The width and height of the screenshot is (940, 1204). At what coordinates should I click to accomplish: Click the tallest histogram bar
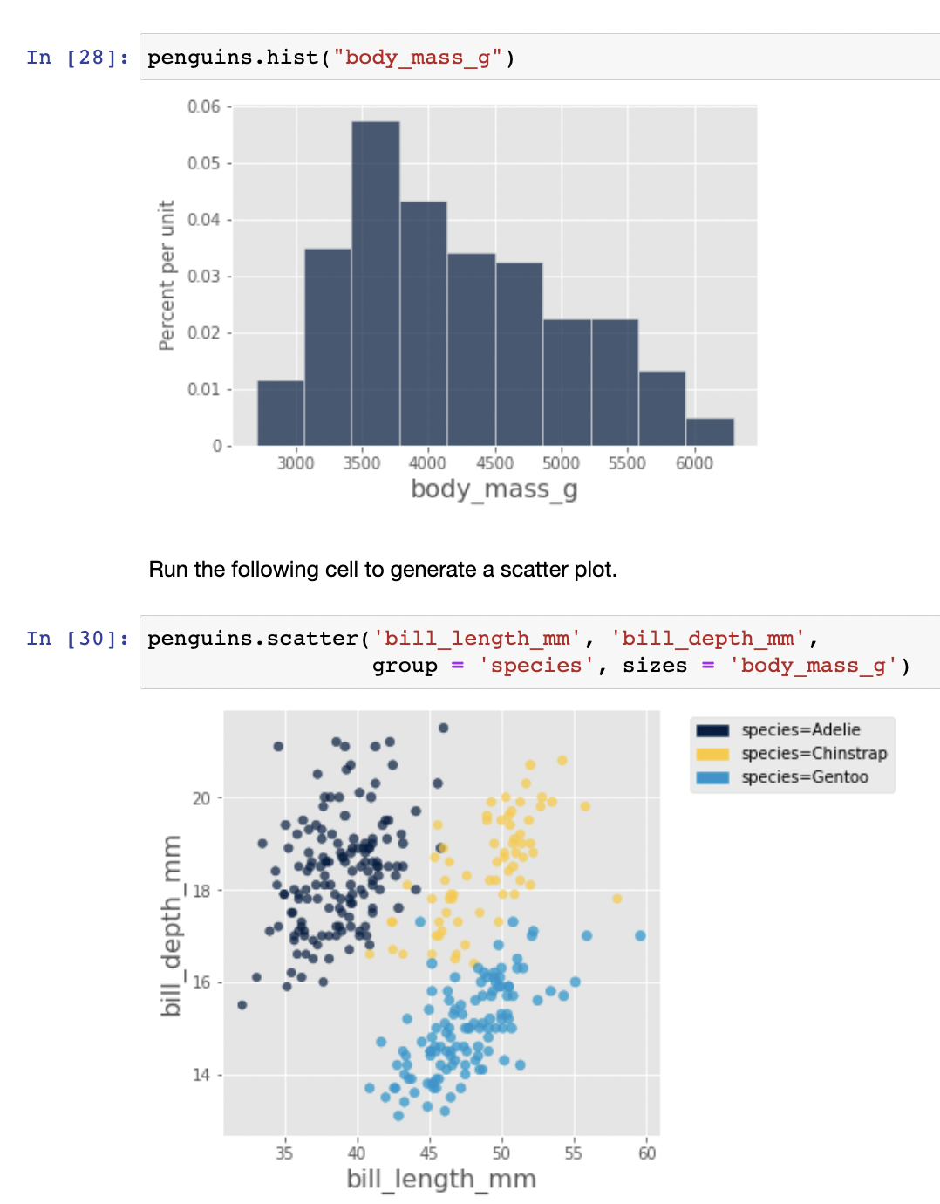tap(376, 284)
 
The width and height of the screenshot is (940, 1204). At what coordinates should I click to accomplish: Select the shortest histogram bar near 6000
tap(710, 432)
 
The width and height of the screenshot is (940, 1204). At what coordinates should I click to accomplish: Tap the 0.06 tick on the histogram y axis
tap(204, 106)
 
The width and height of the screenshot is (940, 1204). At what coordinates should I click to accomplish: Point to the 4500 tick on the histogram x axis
tap(494, 463)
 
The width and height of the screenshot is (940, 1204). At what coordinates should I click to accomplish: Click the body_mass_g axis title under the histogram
tap(494, 489)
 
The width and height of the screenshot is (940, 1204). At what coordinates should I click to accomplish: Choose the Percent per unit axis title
tap(167, 276)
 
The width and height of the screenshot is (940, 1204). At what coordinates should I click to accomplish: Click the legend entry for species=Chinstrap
tap(814, 753)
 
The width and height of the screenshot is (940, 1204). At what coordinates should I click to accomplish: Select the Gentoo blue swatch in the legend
tap(712, 777)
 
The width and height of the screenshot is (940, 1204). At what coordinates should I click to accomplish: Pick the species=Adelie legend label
tap(800, 729)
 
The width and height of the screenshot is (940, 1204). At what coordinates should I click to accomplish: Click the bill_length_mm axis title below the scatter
tap(441, 1180)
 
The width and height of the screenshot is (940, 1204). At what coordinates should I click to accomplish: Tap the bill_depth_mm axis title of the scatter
tap(172, 926)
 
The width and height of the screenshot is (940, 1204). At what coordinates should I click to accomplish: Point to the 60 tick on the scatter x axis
tap(647, 1153)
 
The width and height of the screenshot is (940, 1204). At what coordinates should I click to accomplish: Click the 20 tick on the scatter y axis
tap(201, 798)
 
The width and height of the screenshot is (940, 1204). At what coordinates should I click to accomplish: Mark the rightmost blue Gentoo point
tap(640, 935)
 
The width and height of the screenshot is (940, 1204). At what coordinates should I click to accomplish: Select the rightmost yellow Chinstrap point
tap(617, 899)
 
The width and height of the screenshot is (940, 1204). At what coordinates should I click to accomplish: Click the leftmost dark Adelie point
tap(242, 1005)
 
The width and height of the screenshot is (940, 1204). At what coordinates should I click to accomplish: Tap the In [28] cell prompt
tap(78, 58)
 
